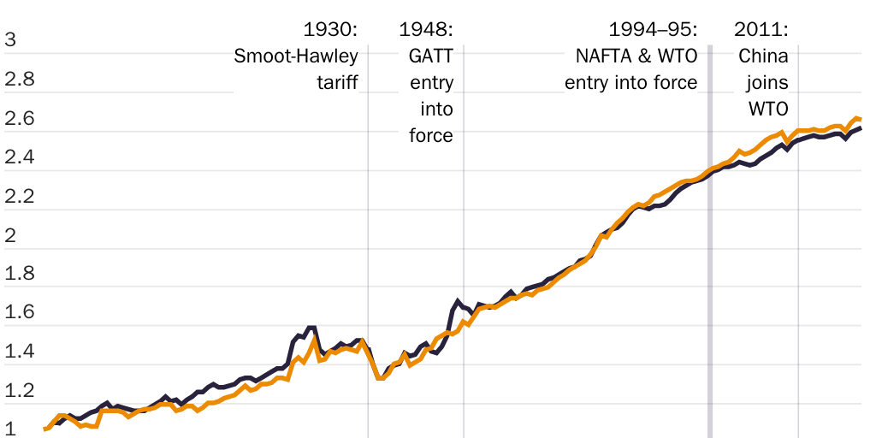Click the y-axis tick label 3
click(x=10, y=39)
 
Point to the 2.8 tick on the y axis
click(x=20, y=79)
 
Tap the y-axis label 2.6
click(x=20, y=118)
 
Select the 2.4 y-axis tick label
click(x=20, y=157)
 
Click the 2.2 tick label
click(x=20, y=197)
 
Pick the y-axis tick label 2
click(x=10, y=235)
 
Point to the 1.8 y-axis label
click(x=20, y=275)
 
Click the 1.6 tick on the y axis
click(x=20, y=313)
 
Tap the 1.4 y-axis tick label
click(x=20, y=352)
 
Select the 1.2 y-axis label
click(x=20, y=392)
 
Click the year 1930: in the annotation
click(x=331, y=30)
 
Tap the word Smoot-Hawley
click(x=296, y=56)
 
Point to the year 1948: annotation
click(x=426, y=30)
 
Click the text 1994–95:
click(x=653, y=30)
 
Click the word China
click(x=763, y=56)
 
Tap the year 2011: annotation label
click(x=761, y=30)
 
